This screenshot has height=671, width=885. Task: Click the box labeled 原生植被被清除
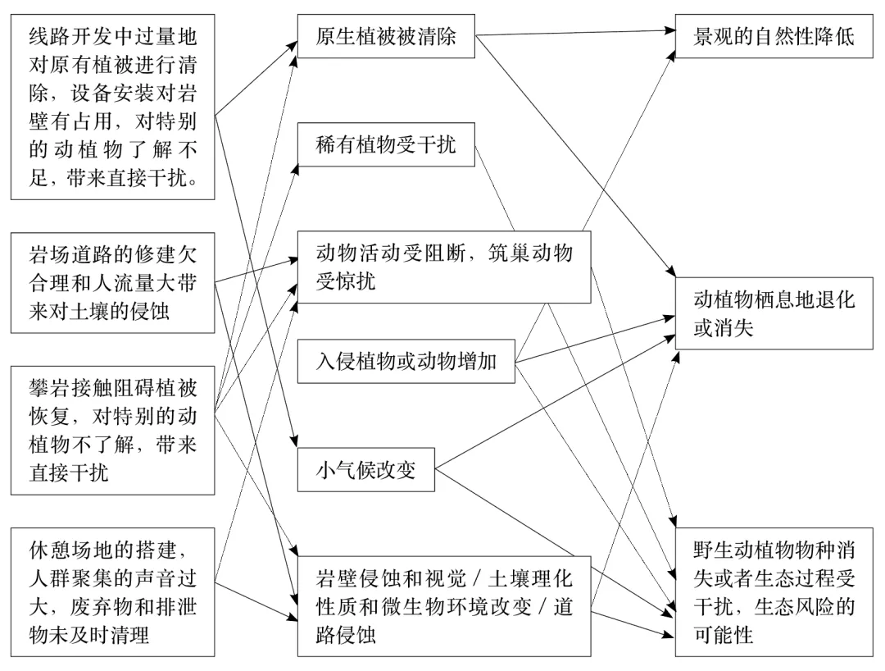tap(386, 38)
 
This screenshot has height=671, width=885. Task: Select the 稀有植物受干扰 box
tap(386, 146)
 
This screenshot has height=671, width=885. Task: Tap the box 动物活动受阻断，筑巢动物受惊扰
tap(443, 266)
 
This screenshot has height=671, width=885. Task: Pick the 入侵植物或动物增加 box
tap(406, 361)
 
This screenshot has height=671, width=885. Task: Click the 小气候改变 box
tap(365, 470)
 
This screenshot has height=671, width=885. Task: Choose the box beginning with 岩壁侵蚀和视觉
tap(443, 606)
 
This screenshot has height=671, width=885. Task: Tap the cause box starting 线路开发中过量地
tap(112, 107)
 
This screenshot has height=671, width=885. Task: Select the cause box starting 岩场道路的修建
tap(112, 282)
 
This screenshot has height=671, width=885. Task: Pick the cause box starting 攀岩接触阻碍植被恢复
tap(112, 430)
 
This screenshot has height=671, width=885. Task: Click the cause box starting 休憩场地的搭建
tap(112, 591)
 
